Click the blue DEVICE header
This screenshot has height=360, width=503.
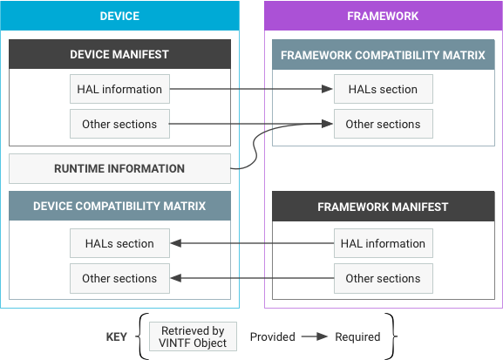point(119,16)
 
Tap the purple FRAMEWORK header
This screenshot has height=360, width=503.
point(383,16)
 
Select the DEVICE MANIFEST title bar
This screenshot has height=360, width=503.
point(119,54)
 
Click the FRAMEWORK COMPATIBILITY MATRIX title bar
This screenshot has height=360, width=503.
point(384,55)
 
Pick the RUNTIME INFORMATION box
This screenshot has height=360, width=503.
point(119,168)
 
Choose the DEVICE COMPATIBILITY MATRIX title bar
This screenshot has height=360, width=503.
point(119,206)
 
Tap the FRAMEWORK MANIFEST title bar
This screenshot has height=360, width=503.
point(384,207)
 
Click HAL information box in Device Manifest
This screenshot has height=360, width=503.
point(119,89)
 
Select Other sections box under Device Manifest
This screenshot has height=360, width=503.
point(119,124)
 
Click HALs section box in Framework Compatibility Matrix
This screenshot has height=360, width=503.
point(384,89)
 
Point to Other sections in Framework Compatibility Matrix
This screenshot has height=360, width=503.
point(384,124)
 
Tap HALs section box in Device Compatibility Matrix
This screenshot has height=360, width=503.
point(119,243)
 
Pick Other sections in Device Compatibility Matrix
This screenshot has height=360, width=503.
point(119,278)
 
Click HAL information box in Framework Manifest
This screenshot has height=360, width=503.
point(384,243)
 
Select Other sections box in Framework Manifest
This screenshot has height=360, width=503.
point(384,278)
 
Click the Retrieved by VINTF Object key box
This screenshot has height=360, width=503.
point(193,336)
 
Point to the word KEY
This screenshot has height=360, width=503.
point(117,336)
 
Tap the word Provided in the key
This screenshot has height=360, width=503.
point(272,336)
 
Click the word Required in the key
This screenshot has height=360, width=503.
point(357,336)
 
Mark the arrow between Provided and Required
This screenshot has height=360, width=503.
point(315,336)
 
